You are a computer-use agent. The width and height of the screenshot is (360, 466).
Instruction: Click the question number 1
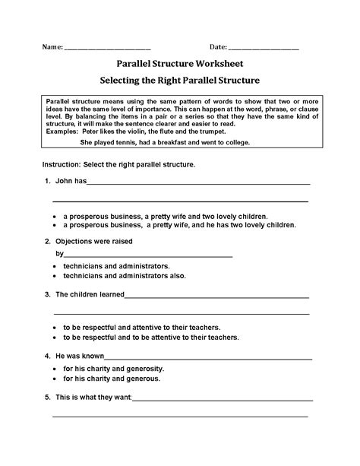(x=47, y=181)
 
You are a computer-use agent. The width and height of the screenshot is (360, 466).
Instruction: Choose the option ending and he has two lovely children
(x=179, y=225)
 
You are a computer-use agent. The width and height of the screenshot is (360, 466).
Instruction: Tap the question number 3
(x=47, y=294)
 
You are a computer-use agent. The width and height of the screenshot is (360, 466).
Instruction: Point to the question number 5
(x=47, y=397)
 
